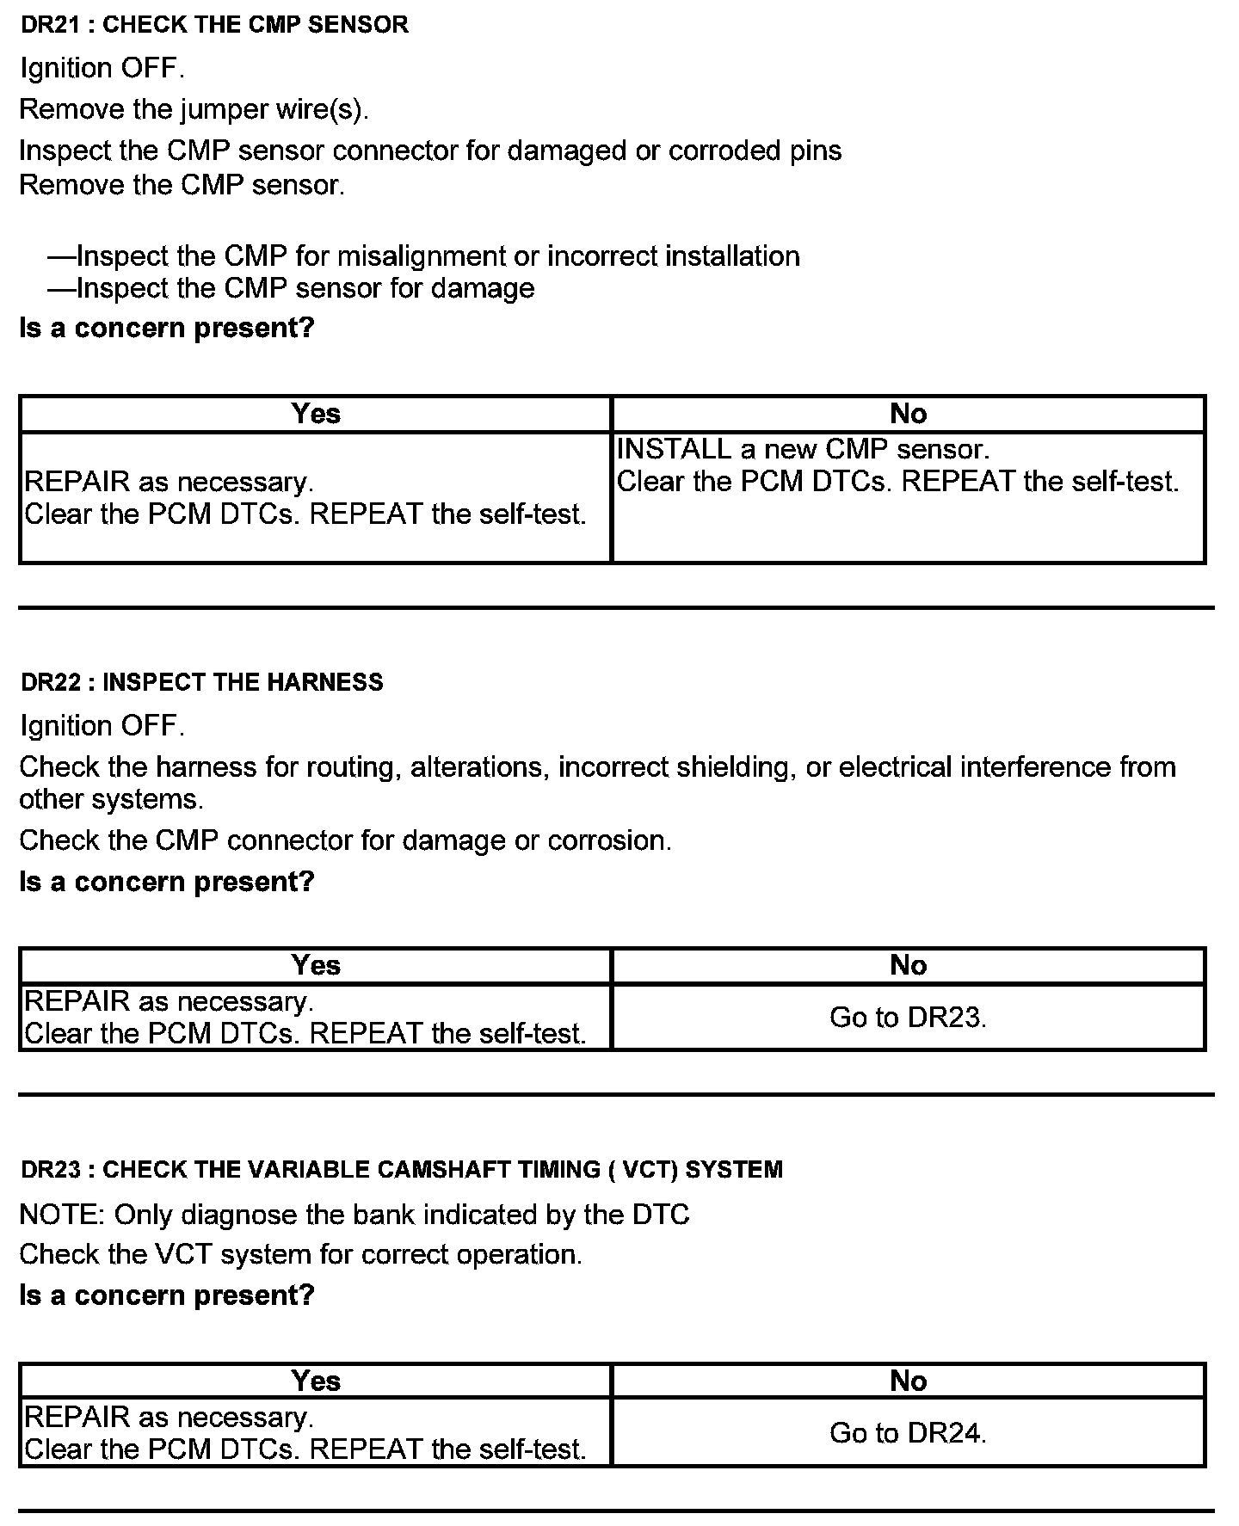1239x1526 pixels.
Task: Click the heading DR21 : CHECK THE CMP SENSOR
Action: click(x=214, y=25)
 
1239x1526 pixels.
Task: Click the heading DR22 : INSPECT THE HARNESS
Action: click(x=201, y=682)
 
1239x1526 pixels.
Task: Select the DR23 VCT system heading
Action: click(x=401, y=1169)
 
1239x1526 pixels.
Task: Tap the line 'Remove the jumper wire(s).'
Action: click(x=194, y=109)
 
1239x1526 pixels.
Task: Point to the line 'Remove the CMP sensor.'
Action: click(x=182, y=185)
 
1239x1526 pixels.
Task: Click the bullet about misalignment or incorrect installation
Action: click(x=423, y=256)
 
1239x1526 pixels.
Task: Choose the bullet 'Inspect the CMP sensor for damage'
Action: click(x=291, y=288)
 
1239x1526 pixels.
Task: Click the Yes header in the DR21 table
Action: click(x=316, y=414)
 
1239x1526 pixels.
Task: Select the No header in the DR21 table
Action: click(x=909, y=414)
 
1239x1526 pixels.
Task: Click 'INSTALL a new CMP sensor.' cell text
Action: click(x=804, y=449)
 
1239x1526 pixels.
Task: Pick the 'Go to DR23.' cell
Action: click(x=908, y=1018)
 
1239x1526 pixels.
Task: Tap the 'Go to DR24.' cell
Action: click(x=908, y=1432)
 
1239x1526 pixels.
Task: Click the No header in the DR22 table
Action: click(x=909, y=965)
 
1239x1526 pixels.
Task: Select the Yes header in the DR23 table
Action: click(x=316, y=1381)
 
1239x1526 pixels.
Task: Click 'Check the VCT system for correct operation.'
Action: click(x=300, y=1254)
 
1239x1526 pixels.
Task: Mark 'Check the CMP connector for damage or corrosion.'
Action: click(x=345, y=840)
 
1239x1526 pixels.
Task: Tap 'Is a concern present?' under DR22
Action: click(x=167, y=882)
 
